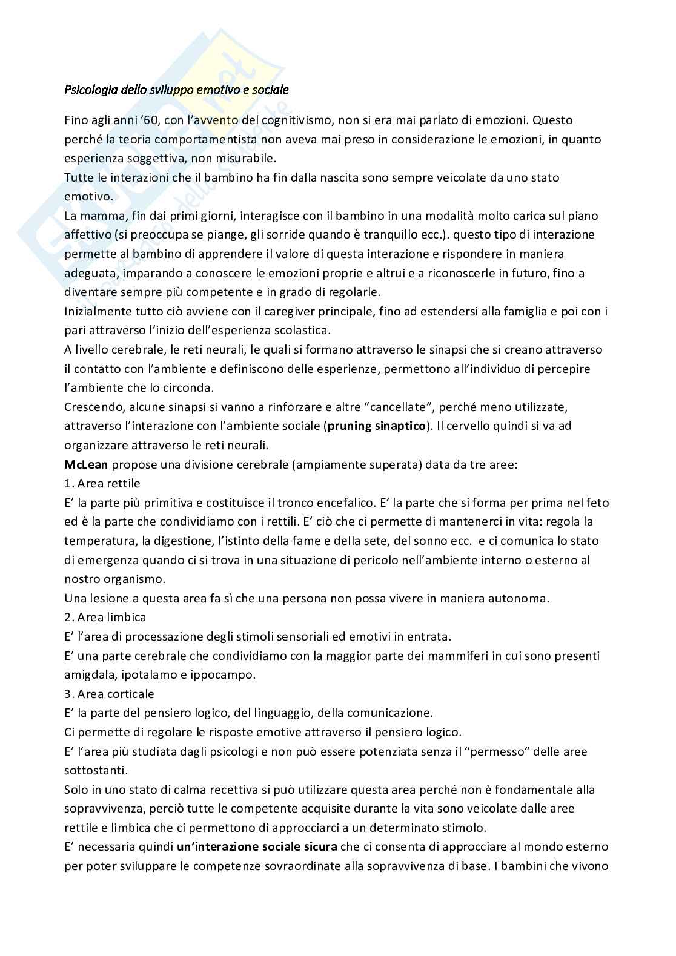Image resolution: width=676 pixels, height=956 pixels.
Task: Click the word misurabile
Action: tap(247, 159)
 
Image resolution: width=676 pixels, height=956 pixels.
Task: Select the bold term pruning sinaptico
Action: tap(376, 426)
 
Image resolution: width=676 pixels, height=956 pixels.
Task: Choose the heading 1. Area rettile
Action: tap(102, 483)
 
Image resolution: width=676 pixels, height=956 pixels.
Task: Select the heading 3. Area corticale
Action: tap(109, 694)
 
